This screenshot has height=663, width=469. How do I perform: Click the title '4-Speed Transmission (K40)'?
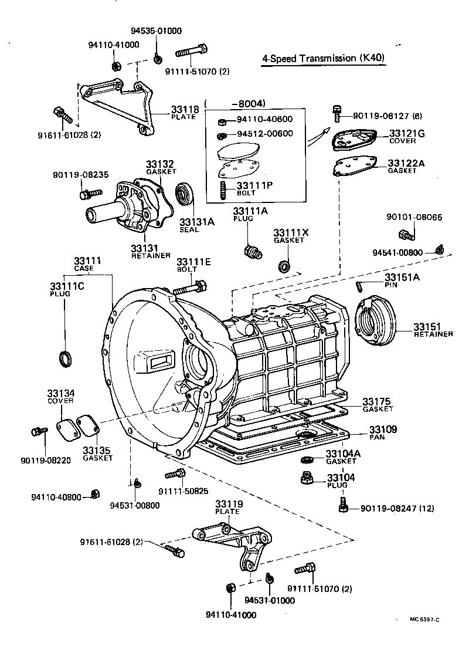tap(324, 58)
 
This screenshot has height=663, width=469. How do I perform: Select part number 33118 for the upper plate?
tap(185, 109)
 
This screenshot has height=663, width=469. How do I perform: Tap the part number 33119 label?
tap(227, 504)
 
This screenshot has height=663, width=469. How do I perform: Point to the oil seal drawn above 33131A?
tap(186, 195)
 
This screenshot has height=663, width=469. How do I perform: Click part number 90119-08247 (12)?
tap(397, 508)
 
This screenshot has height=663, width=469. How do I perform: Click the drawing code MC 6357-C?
tap(425, 620)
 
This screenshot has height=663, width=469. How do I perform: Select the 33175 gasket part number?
tap(376, 401)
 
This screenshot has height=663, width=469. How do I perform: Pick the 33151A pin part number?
tap(402, 277)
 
